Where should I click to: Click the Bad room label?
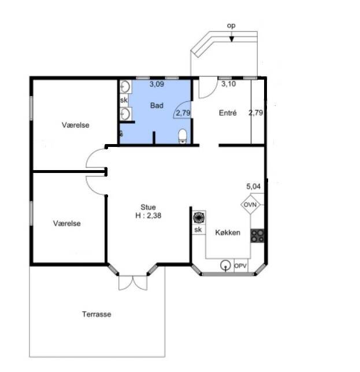pyautogui.click(x=157, y=105)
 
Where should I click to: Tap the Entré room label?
pyautogui.click(x=228, y=113)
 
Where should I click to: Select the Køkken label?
pyautogui.click(x=228, y=233)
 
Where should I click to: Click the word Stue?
pyautogui.click(x=148, y=207)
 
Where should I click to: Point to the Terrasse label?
pyautogui.click(x=97, y=314)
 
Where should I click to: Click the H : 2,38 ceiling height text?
pyautogui.click(x=148, y=215)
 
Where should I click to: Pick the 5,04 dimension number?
pyautogui.click(x=253, y=186)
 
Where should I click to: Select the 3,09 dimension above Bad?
pyautogui.click(x=157, y=84)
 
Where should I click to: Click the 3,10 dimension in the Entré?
pyautogui.click(x=228, y=84)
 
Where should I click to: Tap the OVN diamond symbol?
pyautogui.click(x=250, y=204)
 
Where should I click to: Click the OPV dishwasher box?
pyautogui.click(x=240, y=266)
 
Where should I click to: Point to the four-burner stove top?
pyautogui.click(x=257, y=236)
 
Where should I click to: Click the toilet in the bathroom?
pyautogui.click(x=183, y=136)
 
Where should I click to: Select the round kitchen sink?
pyautogui.click(x=225, y=265)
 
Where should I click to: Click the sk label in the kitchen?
pyautogui.click(x=198, y=230)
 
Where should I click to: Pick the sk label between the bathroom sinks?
pyautogui.click(x=124, y=100)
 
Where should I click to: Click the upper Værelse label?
pyautogui.click(x=76, y=125)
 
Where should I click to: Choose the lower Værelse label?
pyautogui.click(x=67, y=223)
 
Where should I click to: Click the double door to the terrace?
pyautogui.click(x=133, y=283)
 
